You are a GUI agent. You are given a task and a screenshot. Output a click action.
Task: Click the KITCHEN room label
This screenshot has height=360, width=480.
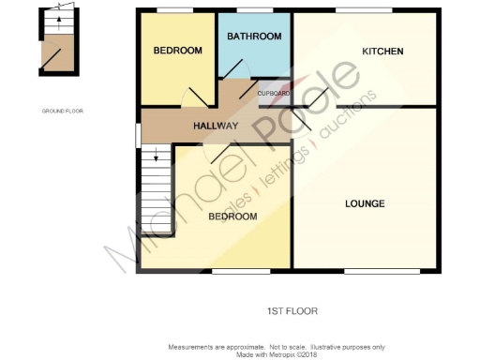[x=382, y=52]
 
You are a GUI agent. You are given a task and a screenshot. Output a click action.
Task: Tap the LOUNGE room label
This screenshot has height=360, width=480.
[x=365, y=203]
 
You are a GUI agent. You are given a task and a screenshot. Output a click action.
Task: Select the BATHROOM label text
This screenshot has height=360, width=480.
[x=254, y=37]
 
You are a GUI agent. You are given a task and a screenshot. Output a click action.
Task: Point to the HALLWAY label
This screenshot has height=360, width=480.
[x=216, y=126]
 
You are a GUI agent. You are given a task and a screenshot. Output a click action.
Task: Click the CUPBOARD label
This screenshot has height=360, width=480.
[x=274, y=94]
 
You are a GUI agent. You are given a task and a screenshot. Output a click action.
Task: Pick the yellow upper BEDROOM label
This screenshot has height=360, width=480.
[x=178, y=51]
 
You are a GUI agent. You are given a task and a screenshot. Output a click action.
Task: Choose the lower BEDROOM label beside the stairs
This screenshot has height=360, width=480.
[x=232, y=217]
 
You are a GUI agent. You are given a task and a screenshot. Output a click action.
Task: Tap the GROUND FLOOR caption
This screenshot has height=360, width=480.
[x=63, y=111]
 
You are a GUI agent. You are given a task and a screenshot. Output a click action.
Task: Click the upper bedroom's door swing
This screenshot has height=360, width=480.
[x=199, y=97]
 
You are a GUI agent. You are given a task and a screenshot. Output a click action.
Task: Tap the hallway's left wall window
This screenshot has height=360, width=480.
[x=138, y=134]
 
